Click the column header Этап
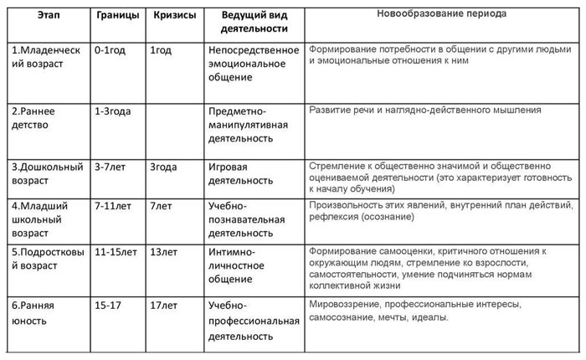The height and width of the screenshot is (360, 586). point(44,16)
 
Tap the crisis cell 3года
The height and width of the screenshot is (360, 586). point(163,167)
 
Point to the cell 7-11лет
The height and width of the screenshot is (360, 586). point(112,205)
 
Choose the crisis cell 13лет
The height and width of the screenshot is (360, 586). point(163,251)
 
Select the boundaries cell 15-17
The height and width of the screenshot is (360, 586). point(107,304)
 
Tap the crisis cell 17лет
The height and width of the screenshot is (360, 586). point(163,304)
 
